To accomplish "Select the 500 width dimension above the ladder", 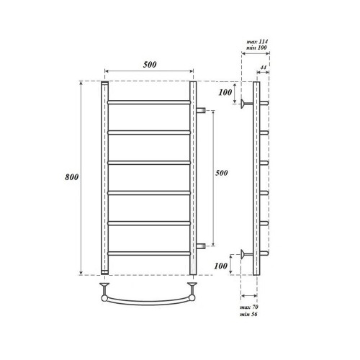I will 149,64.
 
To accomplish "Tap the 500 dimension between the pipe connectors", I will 222,174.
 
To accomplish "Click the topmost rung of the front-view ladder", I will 149,103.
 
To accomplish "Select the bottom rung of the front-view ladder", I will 149,252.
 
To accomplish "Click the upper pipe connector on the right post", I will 202,110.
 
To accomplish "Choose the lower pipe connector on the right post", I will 202,245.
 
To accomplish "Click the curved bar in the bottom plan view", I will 149,300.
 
